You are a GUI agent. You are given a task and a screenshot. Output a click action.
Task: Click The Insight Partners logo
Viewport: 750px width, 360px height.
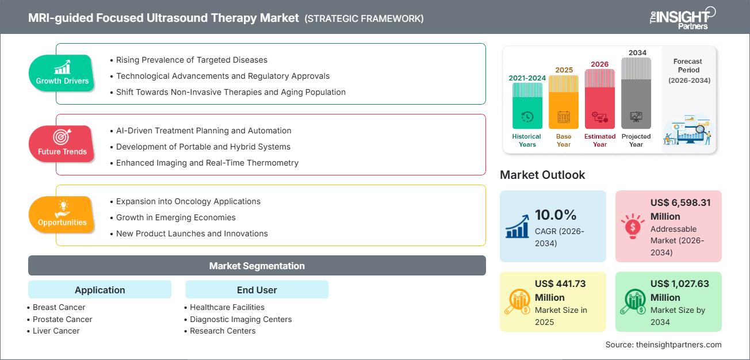(682, 18)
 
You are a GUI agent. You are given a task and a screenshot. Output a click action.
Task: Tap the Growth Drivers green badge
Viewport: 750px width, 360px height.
(62, 73)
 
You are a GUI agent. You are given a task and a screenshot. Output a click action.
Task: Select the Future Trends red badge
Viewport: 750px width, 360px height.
(62, 144)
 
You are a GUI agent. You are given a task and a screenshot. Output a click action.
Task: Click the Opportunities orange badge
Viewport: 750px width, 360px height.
(62, 215)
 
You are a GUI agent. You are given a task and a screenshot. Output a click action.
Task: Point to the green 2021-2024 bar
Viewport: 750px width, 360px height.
(527, 106)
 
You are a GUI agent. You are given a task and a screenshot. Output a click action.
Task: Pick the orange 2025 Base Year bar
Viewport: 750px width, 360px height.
(563, 102)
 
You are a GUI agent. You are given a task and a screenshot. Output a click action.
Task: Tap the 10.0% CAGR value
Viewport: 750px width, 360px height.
(556, 215)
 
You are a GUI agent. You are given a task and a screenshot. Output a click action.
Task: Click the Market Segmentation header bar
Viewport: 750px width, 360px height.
(257, 266)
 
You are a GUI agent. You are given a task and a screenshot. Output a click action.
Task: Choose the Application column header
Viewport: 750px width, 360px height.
(100, 290)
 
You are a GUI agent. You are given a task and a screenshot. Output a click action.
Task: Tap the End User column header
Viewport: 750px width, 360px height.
(257, 290)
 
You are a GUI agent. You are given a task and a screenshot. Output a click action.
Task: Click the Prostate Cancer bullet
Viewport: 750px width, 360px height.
(62, 319)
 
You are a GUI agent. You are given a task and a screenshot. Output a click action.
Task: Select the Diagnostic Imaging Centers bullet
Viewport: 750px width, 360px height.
(240, 319)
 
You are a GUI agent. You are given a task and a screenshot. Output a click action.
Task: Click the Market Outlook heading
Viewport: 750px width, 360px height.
(542, 175)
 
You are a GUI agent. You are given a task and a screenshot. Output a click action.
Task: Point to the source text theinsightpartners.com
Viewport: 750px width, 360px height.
(663, 344)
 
